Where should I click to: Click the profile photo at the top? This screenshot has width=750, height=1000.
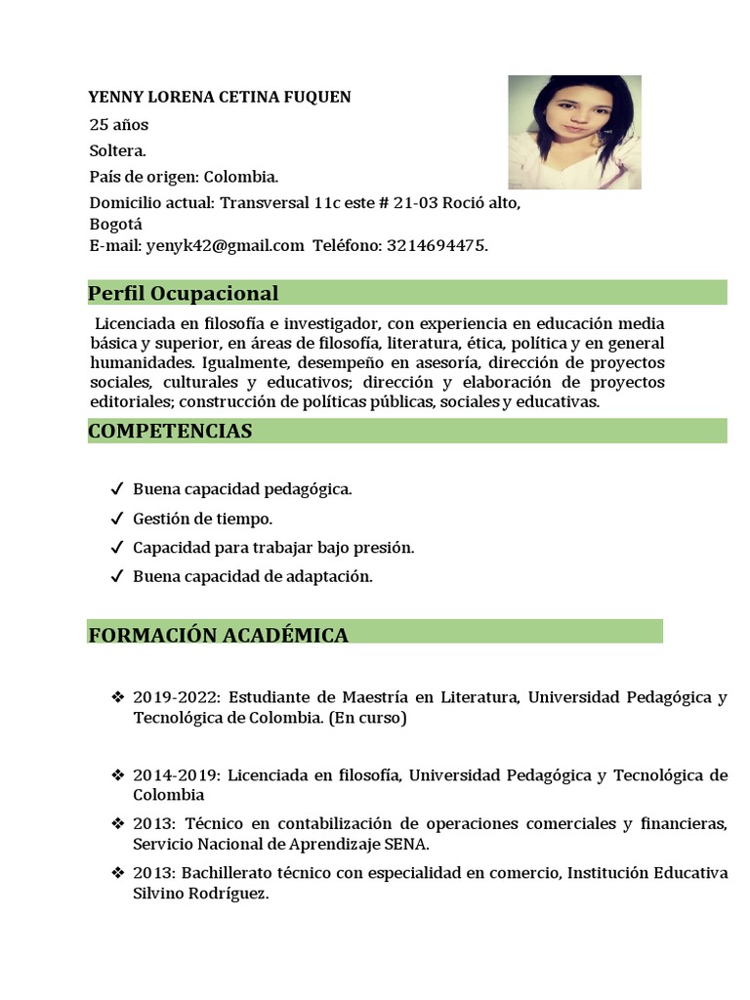[x=574, y=132]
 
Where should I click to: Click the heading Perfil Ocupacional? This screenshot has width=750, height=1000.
[x=184, y=293]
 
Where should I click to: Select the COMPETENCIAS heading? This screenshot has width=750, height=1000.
[x=170, y=431]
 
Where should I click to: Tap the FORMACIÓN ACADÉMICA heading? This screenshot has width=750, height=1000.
[x=218, y=635]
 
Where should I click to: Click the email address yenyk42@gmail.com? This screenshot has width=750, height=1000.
[x=225, y=245]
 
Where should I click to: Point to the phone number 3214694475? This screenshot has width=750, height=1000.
[x=436, y=245]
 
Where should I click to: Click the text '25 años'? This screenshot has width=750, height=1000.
[x=119, y=125]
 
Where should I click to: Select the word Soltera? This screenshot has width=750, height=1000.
[x=117, y=150]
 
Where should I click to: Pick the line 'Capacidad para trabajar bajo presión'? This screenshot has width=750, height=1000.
[x=273, y=548]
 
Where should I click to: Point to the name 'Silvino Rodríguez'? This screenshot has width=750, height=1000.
[x=199, y=894]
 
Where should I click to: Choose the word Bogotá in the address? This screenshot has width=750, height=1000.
[x=115, y=223]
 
